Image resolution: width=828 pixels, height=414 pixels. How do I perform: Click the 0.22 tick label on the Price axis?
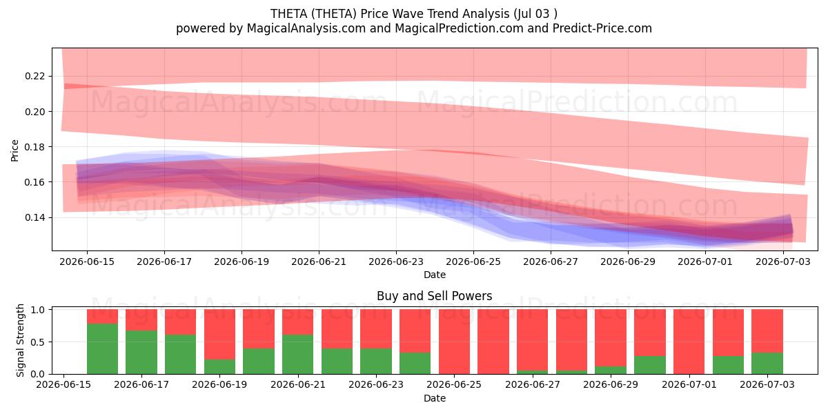(34, 76)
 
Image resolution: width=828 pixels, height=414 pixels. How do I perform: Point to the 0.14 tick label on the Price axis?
(34, 217)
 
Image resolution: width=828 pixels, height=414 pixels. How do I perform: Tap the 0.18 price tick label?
(34, 147)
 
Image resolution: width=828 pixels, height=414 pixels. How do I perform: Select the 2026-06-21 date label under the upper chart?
(319, 262)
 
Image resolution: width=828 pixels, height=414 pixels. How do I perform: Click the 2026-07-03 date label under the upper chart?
(783, 262)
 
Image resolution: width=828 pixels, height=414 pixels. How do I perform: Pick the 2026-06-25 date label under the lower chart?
(454, 384)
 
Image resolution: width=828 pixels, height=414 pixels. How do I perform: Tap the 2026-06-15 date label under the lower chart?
(63, 384)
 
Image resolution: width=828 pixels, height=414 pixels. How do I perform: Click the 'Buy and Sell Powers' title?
(434, 296)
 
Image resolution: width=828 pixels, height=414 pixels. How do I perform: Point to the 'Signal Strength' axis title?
(20, 340)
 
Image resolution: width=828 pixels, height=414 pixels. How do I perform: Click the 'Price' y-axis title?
(14, 150)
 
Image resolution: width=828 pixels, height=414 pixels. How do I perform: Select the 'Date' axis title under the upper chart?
(435, 275)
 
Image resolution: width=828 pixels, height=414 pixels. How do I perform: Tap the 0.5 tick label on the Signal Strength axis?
(38, 342)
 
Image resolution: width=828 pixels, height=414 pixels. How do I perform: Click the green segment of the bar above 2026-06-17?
(141, 353)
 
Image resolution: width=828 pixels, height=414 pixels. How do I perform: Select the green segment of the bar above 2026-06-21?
(297, 355)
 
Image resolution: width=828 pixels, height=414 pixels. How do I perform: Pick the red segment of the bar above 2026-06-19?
(219, 334)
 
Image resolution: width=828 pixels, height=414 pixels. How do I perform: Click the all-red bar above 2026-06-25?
(454, 342)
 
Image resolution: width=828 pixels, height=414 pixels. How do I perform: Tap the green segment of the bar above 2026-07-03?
(767, 364)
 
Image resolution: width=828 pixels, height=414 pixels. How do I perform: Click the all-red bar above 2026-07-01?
(689, 342)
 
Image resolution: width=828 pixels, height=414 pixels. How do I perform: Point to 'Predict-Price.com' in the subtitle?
(602, 28)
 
